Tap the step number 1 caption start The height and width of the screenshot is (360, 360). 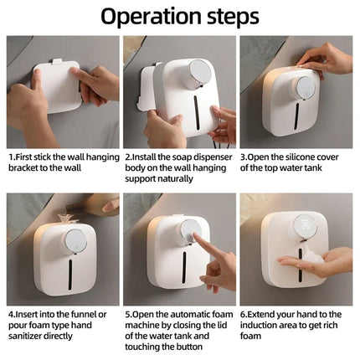12,157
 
